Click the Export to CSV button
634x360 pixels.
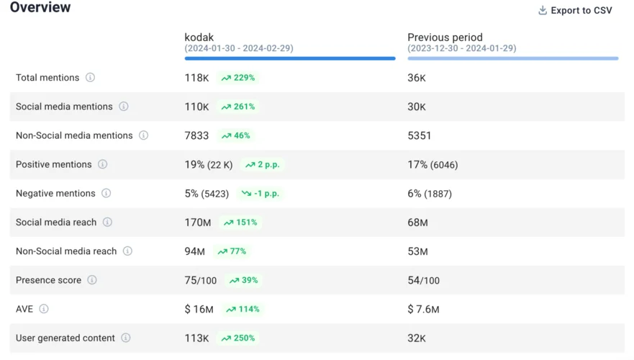pos(575,10)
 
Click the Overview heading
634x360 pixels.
pos(40,8)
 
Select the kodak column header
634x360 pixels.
pos(199,37)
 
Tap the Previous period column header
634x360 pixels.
pos(445,37)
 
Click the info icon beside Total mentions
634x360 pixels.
pos(90,78)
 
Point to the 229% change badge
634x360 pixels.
pos(238,78)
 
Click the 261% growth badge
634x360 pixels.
pos(238,107)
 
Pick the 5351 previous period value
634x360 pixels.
pos(420,135)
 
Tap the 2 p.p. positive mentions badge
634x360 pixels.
pos(262,165)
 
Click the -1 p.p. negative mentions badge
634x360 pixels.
pos(261,194)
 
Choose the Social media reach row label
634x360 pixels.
pos(56,222)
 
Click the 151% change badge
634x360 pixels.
pos(240,222)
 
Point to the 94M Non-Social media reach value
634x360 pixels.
pos(194,251)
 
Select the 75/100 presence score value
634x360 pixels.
pos(200,280)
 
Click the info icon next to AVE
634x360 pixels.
pos(44,309)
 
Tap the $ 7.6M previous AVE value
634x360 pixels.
pos(423,310)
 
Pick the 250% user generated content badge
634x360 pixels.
pos(238,338)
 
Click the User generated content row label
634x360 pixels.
pos(65,338)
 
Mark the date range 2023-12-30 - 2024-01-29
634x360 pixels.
pos(461,48)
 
